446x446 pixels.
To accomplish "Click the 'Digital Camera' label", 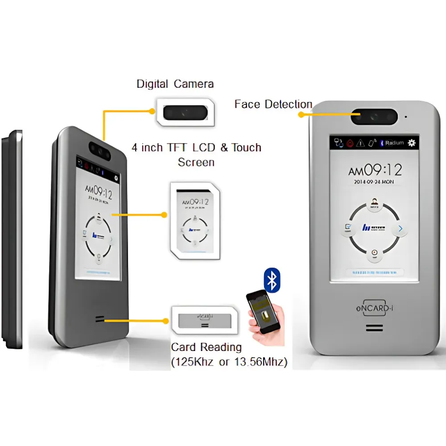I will point(175,83).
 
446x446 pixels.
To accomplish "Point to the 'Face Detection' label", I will point(273,104).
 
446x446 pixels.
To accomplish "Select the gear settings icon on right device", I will point(412,143).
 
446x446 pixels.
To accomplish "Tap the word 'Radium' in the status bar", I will point(394,143).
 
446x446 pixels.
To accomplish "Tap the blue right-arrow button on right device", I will point(400,229).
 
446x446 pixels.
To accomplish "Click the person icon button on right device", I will point(374,205).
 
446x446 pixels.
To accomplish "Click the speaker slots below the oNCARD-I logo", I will point(374,328).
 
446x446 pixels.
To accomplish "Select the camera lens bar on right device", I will point(374,117).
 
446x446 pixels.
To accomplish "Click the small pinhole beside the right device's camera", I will point(405,117).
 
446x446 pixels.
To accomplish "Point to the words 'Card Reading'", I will point(206,347).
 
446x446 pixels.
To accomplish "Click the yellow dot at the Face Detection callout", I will point(301,115).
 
